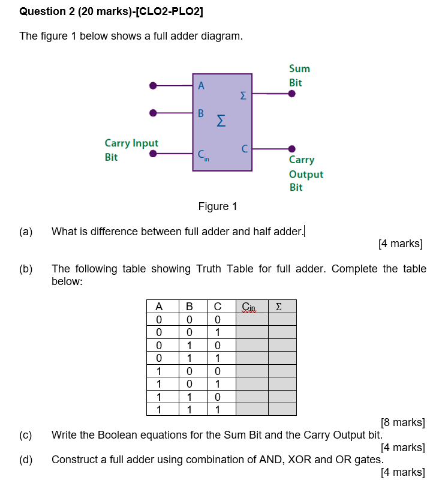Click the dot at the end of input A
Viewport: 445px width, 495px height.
154,86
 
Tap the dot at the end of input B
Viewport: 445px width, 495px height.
154,112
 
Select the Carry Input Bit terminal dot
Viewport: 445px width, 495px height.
154,154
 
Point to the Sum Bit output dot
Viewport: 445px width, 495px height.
292,94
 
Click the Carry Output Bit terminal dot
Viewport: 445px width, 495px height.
292,149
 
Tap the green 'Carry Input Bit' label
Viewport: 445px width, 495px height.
131,150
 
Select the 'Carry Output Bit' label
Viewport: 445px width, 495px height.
305,173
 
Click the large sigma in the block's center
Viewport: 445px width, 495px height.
221,122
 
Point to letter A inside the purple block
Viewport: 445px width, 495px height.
202,86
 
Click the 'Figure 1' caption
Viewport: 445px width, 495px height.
218,206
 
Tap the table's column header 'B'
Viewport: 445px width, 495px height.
189,307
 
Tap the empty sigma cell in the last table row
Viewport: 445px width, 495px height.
282,409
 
